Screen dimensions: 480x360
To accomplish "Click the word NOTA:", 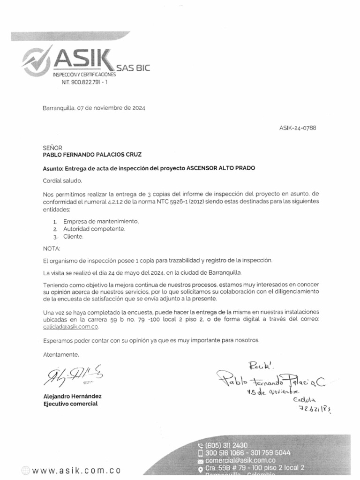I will pos(52,248).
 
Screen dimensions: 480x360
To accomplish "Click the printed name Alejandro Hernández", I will pos(72,396).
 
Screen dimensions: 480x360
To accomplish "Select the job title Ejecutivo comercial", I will pos(71,404).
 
